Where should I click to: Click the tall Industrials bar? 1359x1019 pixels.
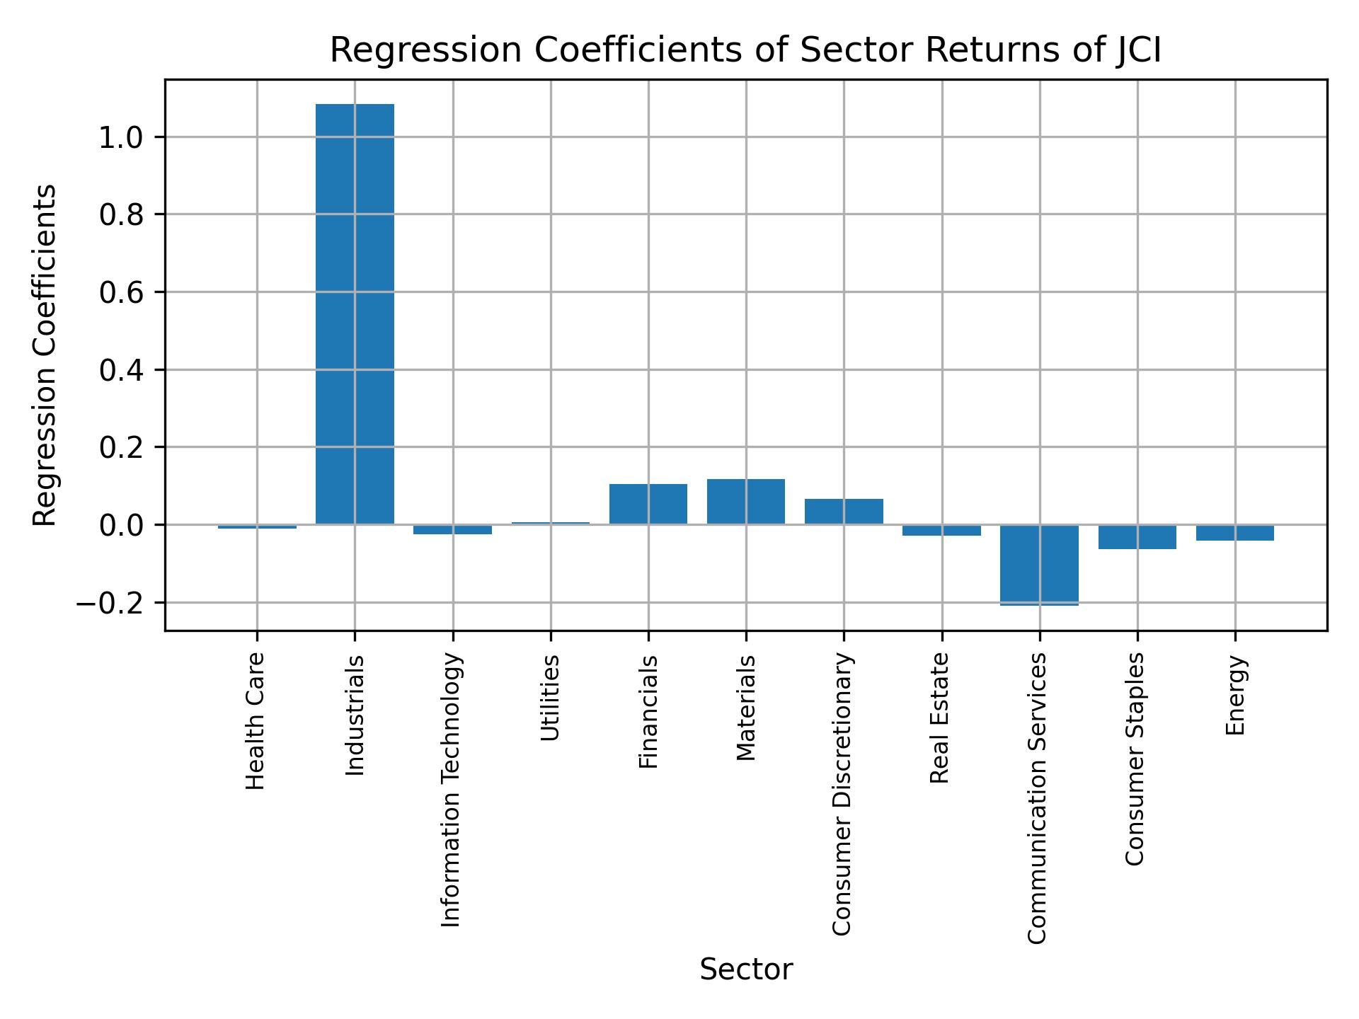(x=355, y=314)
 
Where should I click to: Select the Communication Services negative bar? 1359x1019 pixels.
(x=1039, y=565)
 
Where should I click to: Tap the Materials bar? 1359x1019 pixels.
(x=746, y=502)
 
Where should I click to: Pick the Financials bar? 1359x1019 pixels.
(x=648, y=504)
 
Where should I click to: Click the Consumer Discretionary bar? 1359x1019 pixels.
(x=844, y=512)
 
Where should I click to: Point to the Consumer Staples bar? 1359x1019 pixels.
(x=1137, y=537)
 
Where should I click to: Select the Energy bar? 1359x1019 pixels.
(x=1235, y=533)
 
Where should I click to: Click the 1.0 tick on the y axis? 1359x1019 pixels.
(x=122, y=137)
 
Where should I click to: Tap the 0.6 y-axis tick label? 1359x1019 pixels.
(x=122, y=293)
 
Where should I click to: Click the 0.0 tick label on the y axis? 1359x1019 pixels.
(x=122, y=526)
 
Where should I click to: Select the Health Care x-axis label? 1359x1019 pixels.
(x=255, y=721)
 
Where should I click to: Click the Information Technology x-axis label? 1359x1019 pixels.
(x=451, y=790)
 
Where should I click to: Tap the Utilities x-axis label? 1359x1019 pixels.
(x=550, y=698)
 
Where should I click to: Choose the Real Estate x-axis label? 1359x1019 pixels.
(x=939, y=718)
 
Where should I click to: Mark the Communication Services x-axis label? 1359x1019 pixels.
(x=1037, y=798)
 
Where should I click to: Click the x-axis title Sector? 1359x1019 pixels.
(x=746, y=969)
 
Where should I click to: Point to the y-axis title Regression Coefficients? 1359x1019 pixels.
(x=45, y=355)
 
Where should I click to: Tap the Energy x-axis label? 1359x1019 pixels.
(x=1235, y=695)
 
